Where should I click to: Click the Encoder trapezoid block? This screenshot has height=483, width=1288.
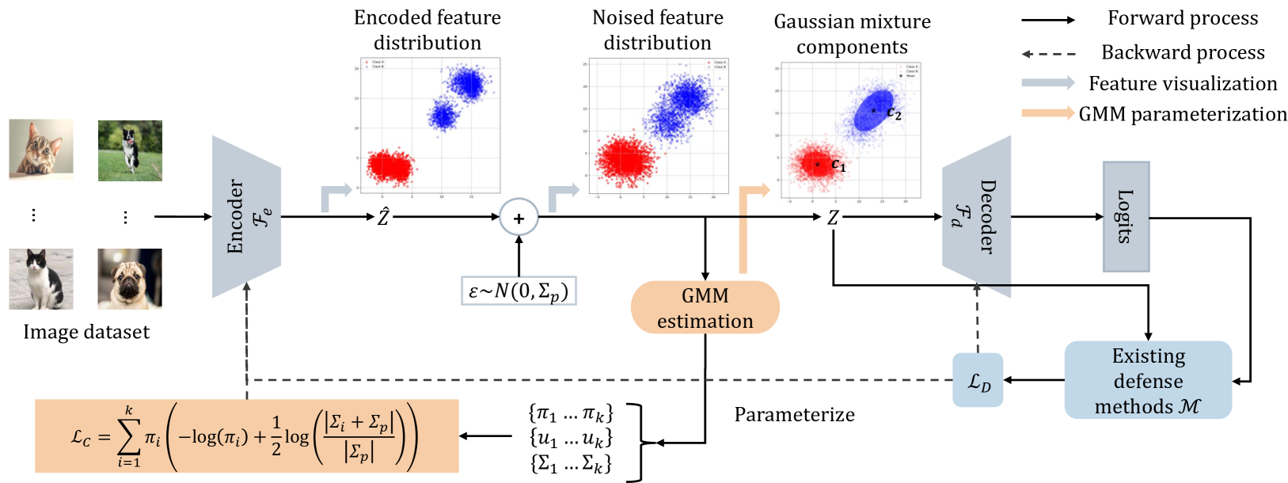(246, 216)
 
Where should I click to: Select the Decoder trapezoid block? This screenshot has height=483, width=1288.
(977, 216)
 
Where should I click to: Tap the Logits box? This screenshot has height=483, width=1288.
(1126, 216)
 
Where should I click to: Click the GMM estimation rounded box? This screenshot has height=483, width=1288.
(705, 307)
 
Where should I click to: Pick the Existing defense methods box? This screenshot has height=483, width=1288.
(1148, 380)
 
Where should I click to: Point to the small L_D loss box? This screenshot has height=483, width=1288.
(978, 381)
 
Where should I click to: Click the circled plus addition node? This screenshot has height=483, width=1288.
(519, 218)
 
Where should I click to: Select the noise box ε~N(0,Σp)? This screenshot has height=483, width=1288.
(519, 291)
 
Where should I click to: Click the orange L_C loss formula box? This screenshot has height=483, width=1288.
(246, 436)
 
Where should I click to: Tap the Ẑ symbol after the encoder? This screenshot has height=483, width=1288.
(383, 216)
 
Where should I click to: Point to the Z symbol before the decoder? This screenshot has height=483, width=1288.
(833, 218)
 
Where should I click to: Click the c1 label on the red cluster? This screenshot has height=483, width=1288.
(838, 165)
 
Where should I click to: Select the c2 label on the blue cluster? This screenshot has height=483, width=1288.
(894, 113)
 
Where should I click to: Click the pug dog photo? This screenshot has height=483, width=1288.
(130, 279)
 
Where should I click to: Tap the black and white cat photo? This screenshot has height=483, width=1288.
(41, 279)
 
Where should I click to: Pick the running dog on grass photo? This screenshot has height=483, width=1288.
(130, 150)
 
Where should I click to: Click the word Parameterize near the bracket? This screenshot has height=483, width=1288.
(794, 415)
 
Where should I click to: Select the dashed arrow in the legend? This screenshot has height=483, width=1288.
(1048, 54)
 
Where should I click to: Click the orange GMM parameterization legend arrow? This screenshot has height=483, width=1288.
(1047, 113)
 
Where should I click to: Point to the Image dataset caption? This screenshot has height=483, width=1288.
(86, 332)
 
